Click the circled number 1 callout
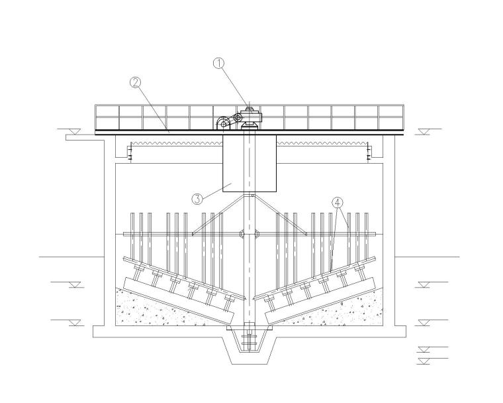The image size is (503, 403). [x=219, y=64]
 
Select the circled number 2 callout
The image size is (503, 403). [x=135, y=83]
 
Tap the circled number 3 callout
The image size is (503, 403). [x=197, y=199]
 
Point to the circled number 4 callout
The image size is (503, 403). [x=338, y=202]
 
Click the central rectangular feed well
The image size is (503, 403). [x=250, y=163]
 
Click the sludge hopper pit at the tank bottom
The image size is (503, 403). [x=250, y=347]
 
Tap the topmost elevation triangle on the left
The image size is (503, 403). [x=75, y=132]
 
